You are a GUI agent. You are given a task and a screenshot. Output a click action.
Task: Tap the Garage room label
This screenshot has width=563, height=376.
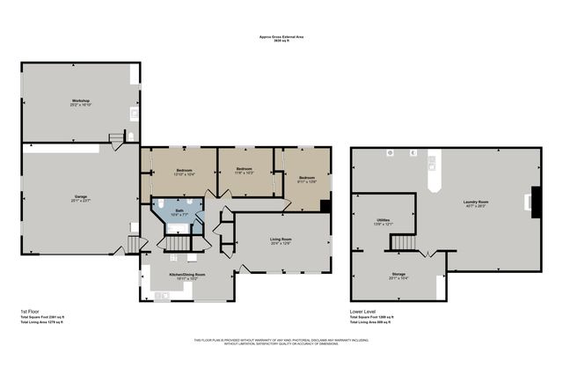(81, 198)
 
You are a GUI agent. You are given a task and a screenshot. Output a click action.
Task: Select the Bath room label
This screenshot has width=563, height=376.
(179, 212)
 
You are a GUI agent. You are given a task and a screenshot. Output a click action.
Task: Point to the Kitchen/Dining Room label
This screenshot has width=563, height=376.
(186, 276)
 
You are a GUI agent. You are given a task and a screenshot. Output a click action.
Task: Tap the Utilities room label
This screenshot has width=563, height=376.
(383, 222)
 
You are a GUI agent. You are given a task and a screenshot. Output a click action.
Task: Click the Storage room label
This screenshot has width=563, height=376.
(398, 276)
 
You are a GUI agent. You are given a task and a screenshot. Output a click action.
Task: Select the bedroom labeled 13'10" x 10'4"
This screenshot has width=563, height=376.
(184, 171)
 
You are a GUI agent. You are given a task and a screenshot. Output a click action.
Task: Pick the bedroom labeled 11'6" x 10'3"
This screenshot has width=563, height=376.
(244, 171)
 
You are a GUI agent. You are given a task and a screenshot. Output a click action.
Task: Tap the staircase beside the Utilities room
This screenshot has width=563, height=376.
(403, 242)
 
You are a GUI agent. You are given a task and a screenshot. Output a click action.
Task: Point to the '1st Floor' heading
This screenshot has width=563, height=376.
(30, 312)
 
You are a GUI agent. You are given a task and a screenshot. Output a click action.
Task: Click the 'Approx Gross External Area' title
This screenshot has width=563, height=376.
(281, 38)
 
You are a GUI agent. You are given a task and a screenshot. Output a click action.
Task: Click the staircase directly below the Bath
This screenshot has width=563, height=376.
(179, 242)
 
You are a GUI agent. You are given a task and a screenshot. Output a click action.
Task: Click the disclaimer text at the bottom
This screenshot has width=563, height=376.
(281, 342)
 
